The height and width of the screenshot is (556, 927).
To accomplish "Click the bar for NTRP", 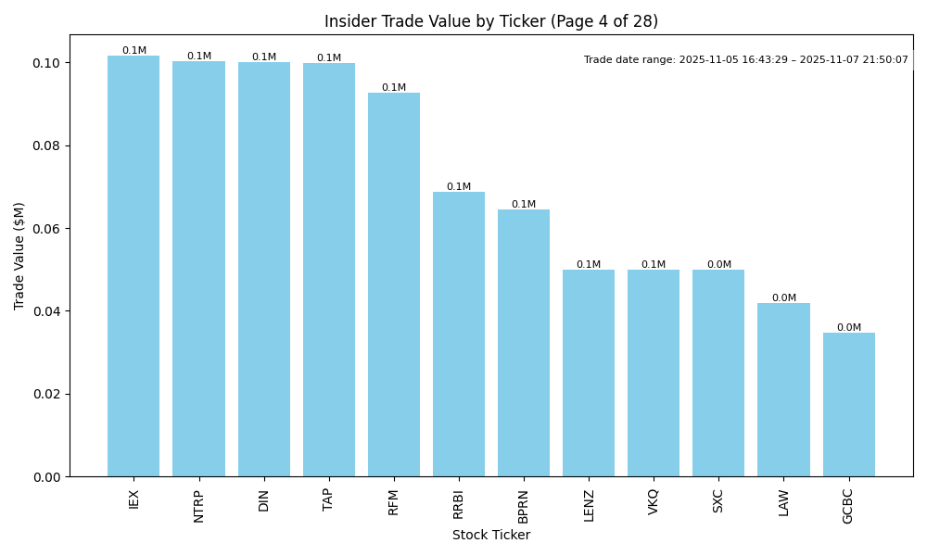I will coord(198,269).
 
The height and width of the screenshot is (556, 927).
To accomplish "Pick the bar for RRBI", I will coord(459,335).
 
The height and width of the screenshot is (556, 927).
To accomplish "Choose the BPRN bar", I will coord(524,343).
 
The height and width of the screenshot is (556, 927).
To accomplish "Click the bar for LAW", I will coord(783,390).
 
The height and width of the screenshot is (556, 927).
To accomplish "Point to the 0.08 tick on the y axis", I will coord(46,146).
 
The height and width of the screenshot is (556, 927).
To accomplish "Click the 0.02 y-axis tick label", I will coord(46,394).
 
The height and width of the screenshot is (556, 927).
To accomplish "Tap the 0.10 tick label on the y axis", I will coord(46,63).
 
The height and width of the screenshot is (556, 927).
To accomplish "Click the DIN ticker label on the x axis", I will coord(264,501).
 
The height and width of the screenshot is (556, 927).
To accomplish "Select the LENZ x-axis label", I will coord(589,506).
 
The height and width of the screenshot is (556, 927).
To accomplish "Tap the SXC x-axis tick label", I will coord(718,501).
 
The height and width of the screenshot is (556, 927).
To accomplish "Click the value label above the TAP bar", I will coord(329,58).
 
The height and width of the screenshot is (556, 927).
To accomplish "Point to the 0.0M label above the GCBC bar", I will coord(848,328).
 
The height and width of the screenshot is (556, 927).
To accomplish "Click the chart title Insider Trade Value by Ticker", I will coord(491,21).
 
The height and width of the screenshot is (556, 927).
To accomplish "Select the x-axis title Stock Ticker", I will coord(491,536).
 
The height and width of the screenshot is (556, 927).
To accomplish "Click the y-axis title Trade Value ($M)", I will coord(19,256).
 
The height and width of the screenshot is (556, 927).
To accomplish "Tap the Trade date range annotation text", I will coord(746,60).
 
